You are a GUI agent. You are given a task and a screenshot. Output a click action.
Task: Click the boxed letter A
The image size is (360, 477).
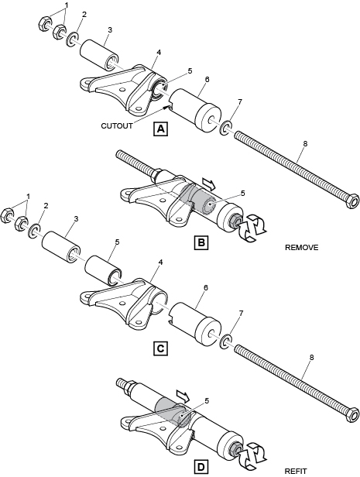[x=160, y=129]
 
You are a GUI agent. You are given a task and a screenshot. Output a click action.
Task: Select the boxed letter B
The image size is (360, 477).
[x=201, y=242]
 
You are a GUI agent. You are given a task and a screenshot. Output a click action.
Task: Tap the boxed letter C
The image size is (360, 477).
[x=160, y=348]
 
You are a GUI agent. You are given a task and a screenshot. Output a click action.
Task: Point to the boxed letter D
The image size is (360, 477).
[x=201, y=467]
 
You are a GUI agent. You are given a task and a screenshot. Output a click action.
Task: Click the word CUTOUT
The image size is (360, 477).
[x=117, y=125]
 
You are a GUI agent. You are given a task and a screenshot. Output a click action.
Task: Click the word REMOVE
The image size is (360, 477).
[x=302, y=248]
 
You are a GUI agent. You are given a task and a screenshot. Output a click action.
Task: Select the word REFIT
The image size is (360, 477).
[x=296, y=472]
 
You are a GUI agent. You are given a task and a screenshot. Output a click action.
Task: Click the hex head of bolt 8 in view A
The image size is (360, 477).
[x=352, y=201]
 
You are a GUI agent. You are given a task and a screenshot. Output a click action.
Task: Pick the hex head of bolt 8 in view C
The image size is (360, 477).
[x=352, y=414]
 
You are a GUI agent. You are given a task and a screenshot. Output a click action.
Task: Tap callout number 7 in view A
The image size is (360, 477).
[x=240, y=102]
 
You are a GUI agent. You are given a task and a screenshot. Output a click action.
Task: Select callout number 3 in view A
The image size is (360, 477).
[x=110, y=29]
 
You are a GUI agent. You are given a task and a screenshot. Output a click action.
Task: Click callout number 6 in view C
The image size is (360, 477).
[x=206, y=287]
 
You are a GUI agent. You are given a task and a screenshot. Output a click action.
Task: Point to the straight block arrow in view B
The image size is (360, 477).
[x=208, y=184]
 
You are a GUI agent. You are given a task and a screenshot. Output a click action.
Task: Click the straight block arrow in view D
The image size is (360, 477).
[x=183, y=396]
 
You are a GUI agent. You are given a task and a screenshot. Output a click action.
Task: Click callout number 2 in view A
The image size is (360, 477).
[x=84, y=15]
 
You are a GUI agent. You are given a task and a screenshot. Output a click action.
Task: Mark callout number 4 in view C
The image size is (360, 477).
[x=160, y=262]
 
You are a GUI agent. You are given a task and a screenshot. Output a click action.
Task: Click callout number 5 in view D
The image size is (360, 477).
[x=207, y=401]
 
